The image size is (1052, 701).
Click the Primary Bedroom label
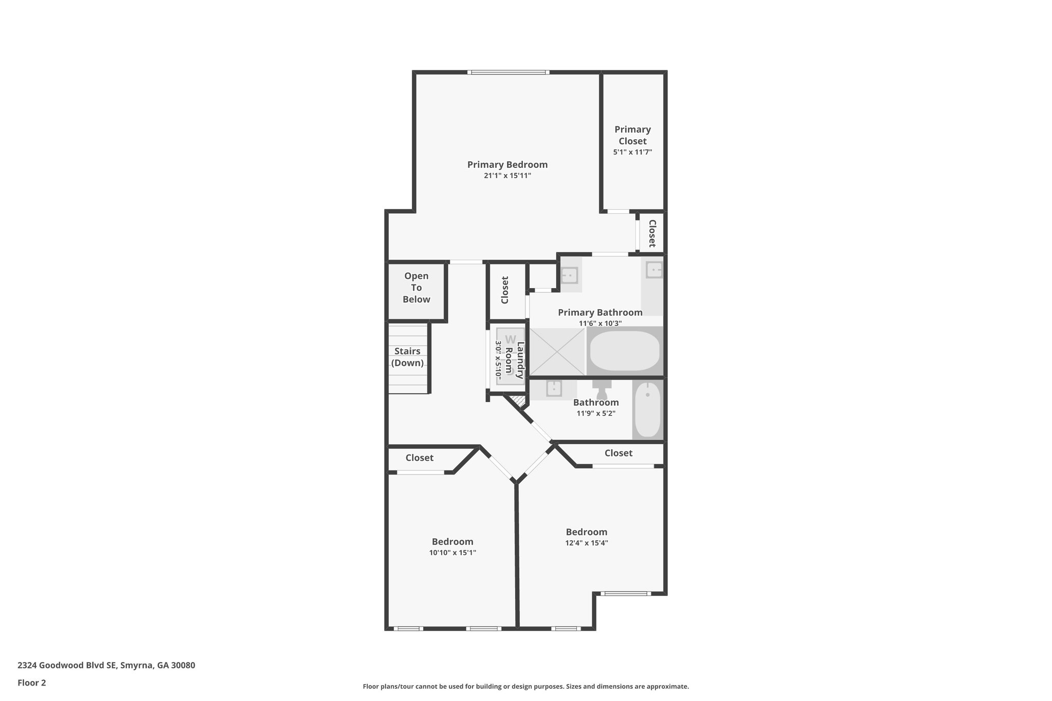click(507, 164)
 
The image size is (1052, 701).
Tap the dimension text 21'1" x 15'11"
click(507, 176)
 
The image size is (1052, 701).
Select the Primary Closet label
click(632, 135)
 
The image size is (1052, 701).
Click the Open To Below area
click(416, 288)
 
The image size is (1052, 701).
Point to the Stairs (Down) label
click(407, 357)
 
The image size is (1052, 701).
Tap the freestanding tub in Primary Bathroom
click(625, 351)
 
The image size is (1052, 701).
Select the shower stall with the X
click(557, 352)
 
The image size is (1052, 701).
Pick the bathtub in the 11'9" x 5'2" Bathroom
click(647, 409)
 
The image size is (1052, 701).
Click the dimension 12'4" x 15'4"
click(586, 543)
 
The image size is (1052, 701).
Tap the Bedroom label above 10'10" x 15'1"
click(452, 541)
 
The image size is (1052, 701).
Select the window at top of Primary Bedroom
click(508, 72)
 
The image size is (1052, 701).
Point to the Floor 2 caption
click(32, 683)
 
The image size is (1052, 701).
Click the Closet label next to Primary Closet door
click(652, 233)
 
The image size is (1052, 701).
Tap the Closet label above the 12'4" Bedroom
click(618, 453)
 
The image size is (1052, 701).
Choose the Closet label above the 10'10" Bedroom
click(419, 458)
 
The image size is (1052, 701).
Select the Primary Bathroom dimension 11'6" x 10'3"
click(600, 324)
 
